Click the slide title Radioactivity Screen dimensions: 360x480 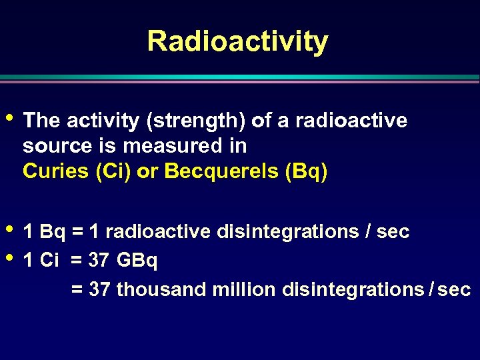[x=237, y=41]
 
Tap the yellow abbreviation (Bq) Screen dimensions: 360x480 [x=306, y=171]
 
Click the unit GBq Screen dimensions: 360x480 [x=137, y=261]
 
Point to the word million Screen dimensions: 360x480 [x=243, y=290]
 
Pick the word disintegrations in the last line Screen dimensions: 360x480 [x=353, y=290]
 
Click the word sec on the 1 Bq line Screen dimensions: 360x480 [x=393, y=232]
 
